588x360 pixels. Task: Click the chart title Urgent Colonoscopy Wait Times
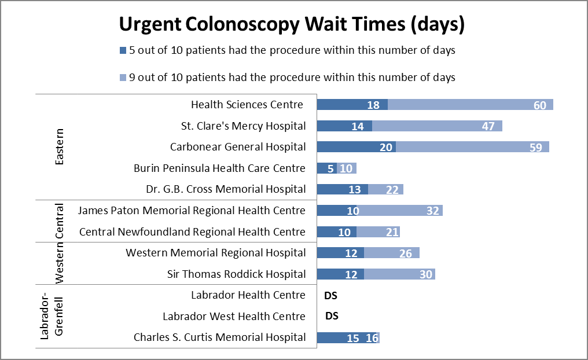292,25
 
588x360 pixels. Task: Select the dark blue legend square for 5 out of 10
122,50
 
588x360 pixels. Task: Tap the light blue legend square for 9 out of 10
122,78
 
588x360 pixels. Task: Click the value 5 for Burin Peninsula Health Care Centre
331,168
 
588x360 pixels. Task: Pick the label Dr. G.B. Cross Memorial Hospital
226,189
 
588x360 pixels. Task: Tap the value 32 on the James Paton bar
433,211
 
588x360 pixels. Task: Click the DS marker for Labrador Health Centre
331,295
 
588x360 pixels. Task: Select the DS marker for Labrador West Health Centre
332,316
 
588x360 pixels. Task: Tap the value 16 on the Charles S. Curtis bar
372,338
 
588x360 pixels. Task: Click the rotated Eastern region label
59,147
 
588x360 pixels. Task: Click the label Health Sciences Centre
247,105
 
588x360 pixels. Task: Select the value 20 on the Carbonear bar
386,147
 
